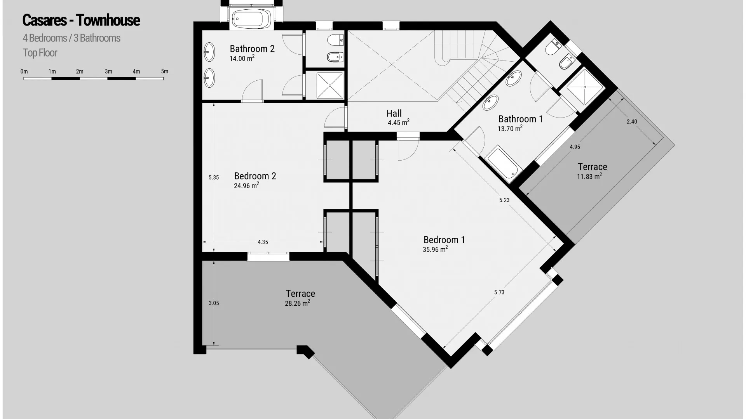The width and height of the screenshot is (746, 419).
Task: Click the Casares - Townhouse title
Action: (x=81, y=20)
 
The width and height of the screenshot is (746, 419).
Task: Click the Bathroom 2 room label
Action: (x=252, y=49)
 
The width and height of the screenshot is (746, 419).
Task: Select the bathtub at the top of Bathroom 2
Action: (x=252, y=19)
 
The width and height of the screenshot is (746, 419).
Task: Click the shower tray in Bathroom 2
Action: (x=330, y=85)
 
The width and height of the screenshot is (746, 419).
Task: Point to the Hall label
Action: (x=394, y=113)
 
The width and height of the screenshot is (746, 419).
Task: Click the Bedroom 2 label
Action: (x=255, y=176)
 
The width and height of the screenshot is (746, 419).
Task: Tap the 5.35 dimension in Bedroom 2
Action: (x=214, y=178)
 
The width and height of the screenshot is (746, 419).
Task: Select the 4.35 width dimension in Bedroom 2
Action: (x=263, y=242)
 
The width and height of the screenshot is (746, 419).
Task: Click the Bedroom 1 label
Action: (x=444, y=240)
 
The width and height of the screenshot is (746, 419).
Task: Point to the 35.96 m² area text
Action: (x=435, y=249)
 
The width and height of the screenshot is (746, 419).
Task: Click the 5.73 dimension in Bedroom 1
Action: (x=499, y=292)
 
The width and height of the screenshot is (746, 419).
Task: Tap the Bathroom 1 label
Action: (x=521, y=119)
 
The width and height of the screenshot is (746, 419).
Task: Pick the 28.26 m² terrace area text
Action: (x=297, y=303)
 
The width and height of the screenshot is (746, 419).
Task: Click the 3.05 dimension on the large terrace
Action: (x=214, y=303)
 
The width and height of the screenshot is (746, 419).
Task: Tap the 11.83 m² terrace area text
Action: (x=589, y=177)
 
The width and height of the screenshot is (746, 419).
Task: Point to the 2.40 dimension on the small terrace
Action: (x=632, y=121)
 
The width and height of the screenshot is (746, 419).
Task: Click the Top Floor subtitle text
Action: (x=40, y=53)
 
